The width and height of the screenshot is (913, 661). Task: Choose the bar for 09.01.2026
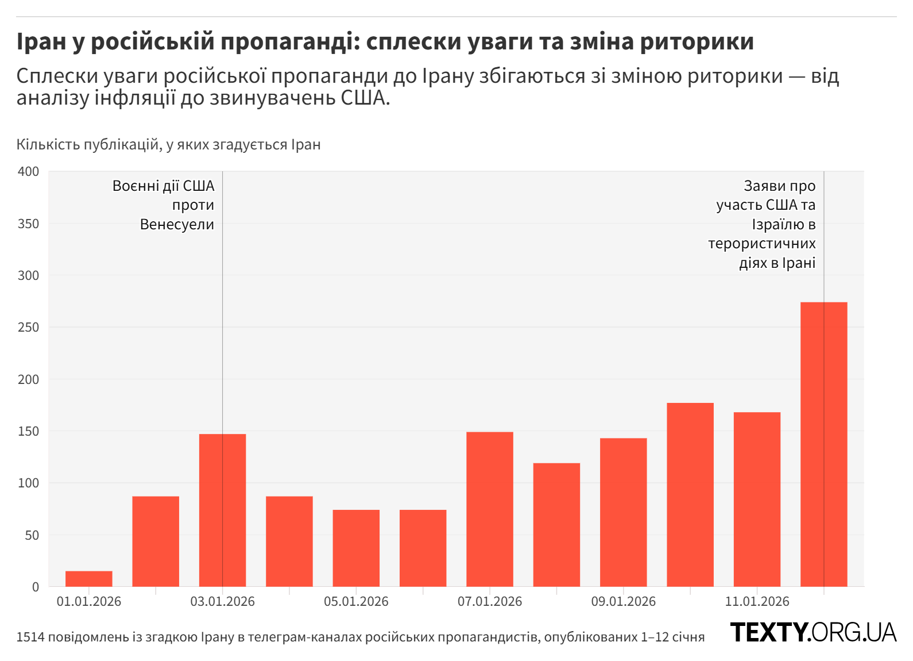pos(623,512)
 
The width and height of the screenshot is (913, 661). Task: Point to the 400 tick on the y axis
pos(29,171)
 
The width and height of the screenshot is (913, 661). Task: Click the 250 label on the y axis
pos(29,327)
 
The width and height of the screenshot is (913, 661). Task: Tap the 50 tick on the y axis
pos(32,535)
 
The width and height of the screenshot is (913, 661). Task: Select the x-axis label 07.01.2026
pos(490,601)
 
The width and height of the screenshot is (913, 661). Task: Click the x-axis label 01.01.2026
pos(89,601)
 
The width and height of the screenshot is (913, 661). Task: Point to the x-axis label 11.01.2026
pos(757,601)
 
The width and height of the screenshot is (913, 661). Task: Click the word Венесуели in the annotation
pos(177,224)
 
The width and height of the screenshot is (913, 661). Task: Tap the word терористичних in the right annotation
pos(761,243)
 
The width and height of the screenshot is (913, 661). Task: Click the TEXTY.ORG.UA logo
pos(813,632)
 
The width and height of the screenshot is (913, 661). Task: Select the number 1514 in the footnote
pos(30,637)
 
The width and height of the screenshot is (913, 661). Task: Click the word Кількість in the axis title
pos(48,144)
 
